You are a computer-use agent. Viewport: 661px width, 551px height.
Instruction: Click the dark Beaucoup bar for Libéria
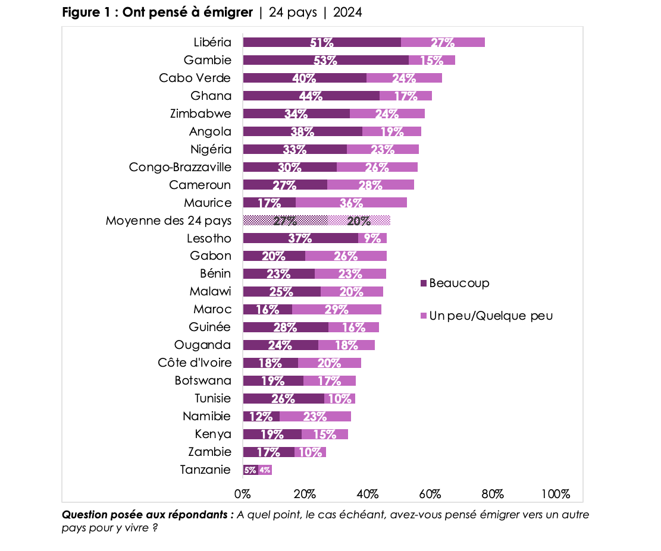(321, 42)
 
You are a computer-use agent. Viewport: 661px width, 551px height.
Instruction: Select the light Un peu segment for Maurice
(351, 203)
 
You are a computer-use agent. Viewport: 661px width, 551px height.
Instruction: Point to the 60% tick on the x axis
(430, 494)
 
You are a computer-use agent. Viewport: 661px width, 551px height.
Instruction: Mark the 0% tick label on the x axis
(243, 494)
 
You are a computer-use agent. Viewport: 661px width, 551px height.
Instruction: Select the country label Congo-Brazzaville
(180, 167)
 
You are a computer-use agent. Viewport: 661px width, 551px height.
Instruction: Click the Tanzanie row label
(205, 470)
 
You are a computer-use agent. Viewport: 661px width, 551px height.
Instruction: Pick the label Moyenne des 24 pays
(168, 221)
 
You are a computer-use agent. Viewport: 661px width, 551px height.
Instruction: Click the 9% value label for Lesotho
(372, 238)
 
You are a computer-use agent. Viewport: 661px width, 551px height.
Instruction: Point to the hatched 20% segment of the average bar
(359, 221)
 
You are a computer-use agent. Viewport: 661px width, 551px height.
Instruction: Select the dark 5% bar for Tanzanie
(250, 470)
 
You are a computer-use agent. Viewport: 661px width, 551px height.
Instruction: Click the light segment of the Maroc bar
(337, 310)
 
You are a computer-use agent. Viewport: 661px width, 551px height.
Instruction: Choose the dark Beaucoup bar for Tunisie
(283, 399)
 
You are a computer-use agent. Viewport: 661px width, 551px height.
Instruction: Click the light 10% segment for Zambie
(311, 452)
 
